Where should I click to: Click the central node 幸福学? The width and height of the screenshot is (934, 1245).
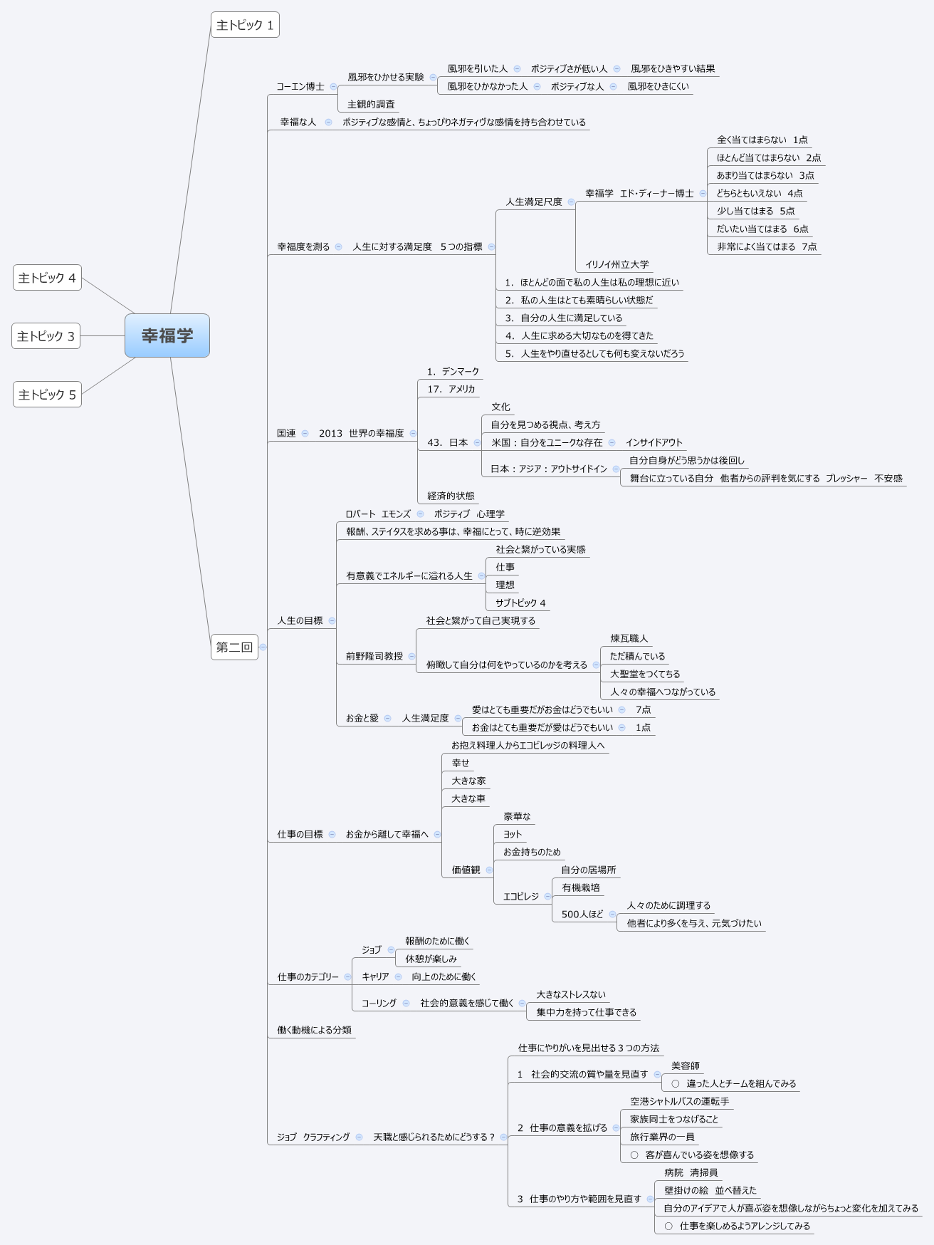[167, 335]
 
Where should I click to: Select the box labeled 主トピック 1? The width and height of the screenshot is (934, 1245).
[245, 25]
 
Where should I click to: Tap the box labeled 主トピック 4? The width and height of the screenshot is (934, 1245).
[47, 278]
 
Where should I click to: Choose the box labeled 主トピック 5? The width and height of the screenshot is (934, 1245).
[47, 395]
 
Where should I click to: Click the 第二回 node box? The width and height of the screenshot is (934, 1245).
[234, 647]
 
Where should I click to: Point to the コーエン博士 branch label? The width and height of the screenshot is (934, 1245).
[300, 87]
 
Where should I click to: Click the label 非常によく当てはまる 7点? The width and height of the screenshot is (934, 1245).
[767, 247]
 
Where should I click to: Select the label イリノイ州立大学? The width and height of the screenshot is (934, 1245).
[616, 265]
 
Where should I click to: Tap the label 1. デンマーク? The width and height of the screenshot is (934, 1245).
[453, 372]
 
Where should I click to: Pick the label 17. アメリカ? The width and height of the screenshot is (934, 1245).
[451, 390]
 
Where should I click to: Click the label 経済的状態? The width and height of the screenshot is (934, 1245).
[451, 496]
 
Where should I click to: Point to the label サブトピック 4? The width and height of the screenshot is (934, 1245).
[520, 603]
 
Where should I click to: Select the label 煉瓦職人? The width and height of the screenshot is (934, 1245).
[629, 639]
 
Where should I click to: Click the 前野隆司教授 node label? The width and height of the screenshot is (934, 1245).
[374, 657]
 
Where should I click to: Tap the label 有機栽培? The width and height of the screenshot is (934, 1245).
[580, 888]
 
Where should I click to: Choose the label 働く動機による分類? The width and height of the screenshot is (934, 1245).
[314, 1031]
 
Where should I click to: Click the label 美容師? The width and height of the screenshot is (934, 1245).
[685, 1066]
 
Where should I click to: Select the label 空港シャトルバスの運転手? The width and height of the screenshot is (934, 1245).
[679, 1102]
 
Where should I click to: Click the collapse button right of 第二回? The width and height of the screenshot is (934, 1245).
[263, 647]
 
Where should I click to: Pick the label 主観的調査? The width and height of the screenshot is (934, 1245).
[371, 105]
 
